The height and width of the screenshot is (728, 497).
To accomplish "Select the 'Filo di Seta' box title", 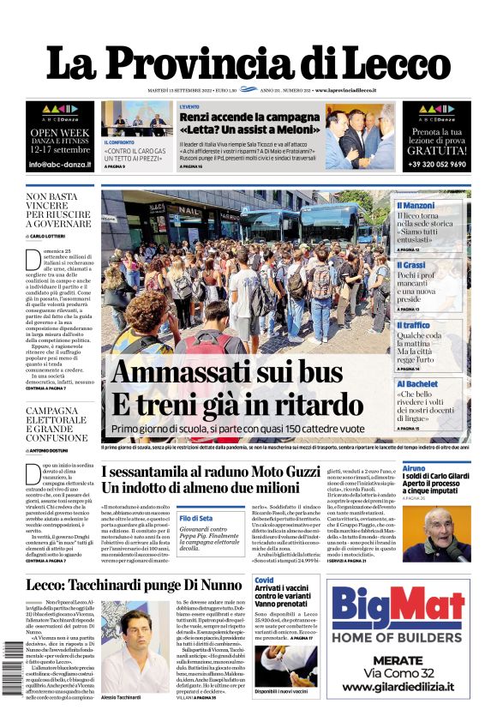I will (x=196, y=519).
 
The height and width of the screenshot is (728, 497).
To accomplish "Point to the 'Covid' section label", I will (x=264, y=581).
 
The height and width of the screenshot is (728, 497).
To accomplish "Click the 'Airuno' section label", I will (x=414, y=469).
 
